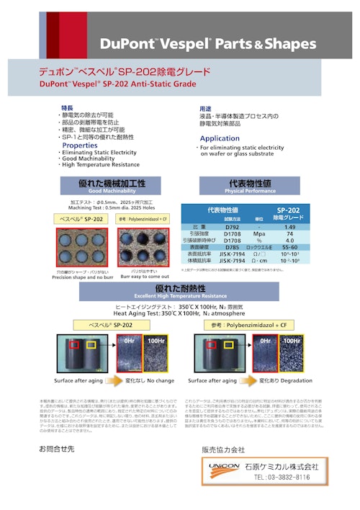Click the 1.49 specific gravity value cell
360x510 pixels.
coord(289,227)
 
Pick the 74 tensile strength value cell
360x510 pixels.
coord(289,234)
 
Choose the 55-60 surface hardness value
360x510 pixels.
coord(289,247)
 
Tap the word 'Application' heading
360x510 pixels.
coord(220,138)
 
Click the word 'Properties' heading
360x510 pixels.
coord(80,146)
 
